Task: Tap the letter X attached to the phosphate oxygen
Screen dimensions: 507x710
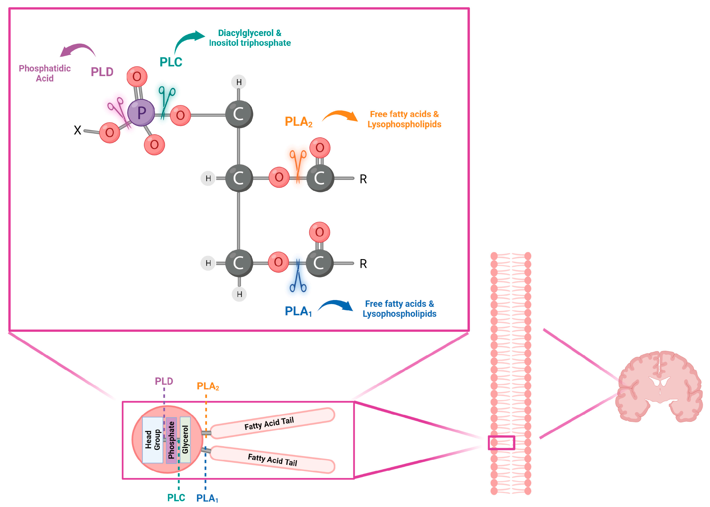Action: [77, 130]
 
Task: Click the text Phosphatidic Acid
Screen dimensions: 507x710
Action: [45, 73]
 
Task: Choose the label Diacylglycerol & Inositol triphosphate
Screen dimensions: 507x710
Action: [250, 38]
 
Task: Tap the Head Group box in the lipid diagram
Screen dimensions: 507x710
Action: [153, 440]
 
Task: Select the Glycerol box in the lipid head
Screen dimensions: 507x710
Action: [185, 440]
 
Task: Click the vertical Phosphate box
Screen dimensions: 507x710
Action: [171, 440]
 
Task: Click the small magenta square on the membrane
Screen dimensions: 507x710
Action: [501, 443]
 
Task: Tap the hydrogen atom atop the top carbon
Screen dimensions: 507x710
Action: [239, 82]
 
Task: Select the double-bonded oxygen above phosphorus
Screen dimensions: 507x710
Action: [137, 76]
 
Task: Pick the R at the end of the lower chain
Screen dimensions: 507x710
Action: [363, 264]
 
